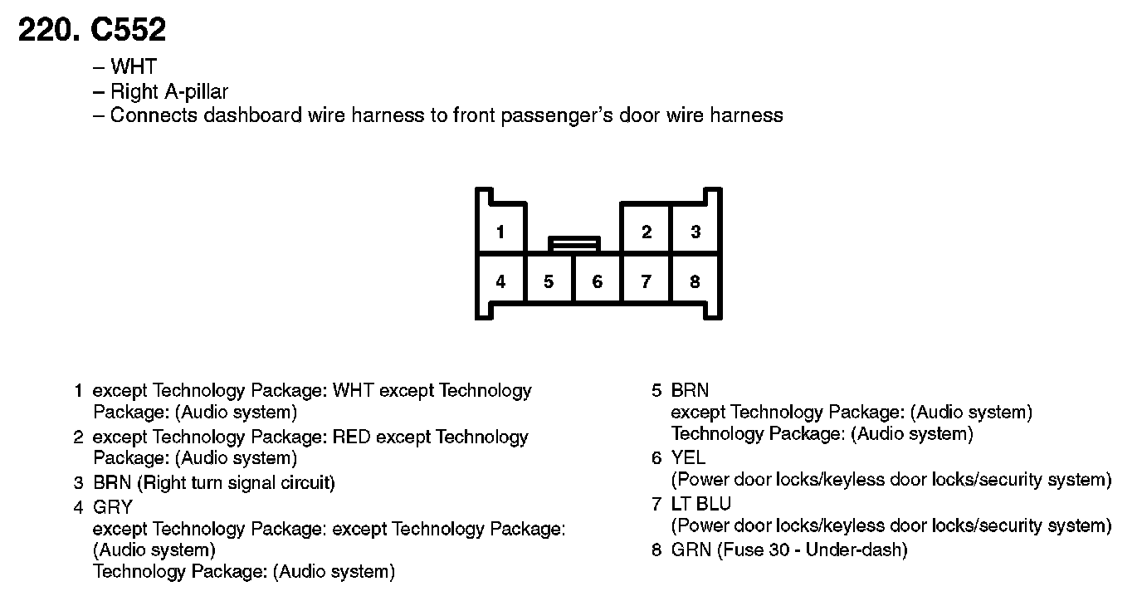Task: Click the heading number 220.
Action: [48, 31]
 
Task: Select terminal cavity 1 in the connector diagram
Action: [500, 232]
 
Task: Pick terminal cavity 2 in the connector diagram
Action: [647, 232]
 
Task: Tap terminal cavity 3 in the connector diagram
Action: [695, 232]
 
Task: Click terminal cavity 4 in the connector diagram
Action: [500, 281]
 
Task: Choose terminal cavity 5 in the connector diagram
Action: [549, 281]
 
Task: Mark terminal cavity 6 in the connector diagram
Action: [598, 281]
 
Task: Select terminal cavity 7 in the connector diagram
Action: [647, 281]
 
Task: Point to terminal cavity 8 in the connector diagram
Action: [695, 281]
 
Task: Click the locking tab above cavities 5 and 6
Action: [573, 243]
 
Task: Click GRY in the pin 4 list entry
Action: [113, 506]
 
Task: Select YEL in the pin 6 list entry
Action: [689, 457]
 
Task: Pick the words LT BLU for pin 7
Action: [701, 504]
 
